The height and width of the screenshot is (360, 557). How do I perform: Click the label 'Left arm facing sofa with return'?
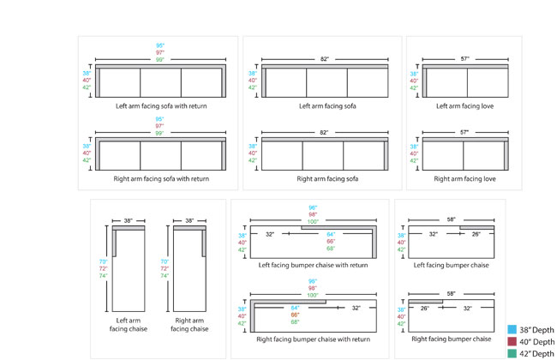tap(162, 107)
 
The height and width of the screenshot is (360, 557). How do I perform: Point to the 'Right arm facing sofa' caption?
tap(327, 179)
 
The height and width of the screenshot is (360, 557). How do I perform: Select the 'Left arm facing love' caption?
tap(466, 107)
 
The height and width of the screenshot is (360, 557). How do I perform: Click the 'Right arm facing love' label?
tap(466, 179)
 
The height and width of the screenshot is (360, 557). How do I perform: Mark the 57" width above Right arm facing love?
tap(465, 132)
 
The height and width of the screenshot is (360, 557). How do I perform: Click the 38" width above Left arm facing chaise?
tap(128, 220)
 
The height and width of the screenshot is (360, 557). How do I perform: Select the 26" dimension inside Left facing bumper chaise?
tap(476, 234)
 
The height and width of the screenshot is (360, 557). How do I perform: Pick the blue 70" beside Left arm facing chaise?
tap(103, 261)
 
